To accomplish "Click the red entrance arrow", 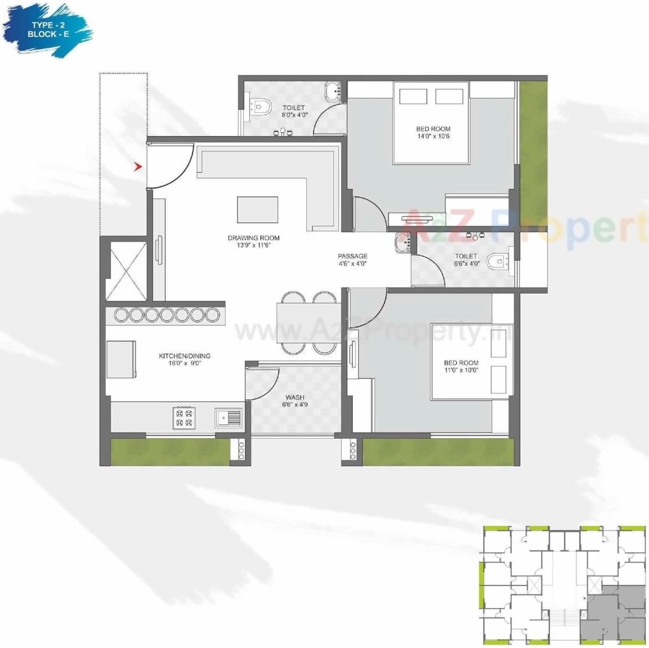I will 138,165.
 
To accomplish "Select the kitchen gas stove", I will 184,417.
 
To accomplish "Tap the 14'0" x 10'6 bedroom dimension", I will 433,136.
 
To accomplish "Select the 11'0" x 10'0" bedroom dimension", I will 461,370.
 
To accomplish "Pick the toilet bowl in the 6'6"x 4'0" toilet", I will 498,261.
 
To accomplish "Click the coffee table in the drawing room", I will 257,209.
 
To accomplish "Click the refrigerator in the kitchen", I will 121,359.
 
